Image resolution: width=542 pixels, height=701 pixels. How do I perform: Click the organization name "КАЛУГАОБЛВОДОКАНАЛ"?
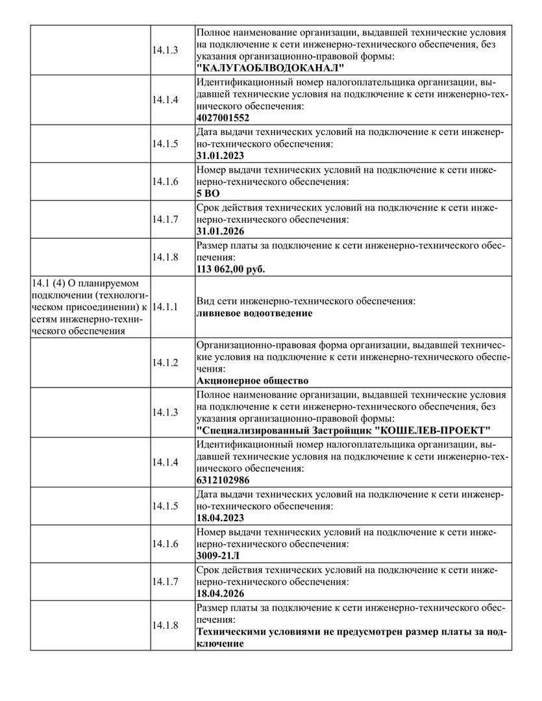click(270, 68)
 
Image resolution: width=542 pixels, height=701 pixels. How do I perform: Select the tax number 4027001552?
click(223, 118)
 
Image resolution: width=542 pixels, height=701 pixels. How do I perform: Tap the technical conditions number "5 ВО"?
click(208, 193)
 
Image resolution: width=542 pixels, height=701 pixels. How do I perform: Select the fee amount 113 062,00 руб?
click(230, 269)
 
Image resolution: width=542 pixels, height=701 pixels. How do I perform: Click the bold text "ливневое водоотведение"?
click(254, 313)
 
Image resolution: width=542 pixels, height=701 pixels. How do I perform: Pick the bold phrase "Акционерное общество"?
click(252, 380)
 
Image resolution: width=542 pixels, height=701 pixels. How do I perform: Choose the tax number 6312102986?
click(223, 481)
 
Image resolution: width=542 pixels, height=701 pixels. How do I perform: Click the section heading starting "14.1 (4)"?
click(90, 306)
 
